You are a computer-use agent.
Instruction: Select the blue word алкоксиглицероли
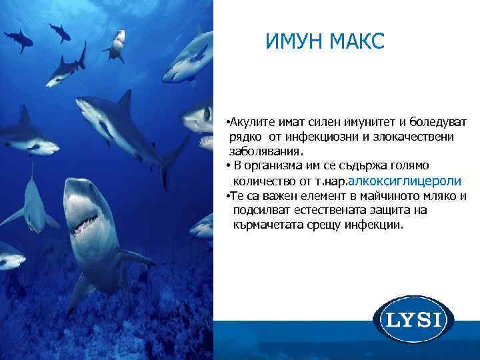tap(406, 181)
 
